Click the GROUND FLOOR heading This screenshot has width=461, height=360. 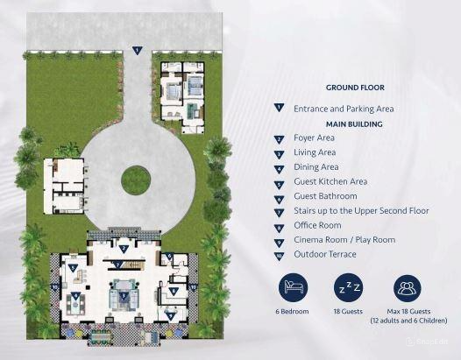point(355,88)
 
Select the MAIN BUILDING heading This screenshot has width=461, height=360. point(355,124)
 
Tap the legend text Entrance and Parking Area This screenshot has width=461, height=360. point(344,109)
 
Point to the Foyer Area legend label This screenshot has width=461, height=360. point(314,138)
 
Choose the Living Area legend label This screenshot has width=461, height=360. point(315,152)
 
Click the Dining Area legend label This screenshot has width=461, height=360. point(316,166)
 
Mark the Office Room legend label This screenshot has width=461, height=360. point(317,225)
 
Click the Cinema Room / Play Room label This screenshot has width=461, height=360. point(344,240)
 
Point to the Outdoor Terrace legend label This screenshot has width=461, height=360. point(325,254)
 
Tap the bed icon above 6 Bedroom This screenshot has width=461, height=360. point(295,288)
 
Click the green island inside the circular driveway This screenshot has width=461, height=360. point(136,180)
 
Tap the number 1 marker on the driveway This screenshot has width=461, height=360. point(136,50)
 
